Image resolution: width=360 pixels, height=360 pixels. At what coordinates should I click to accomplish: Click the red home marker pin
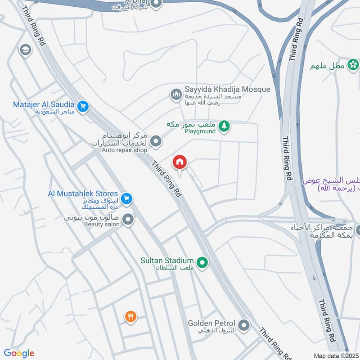coord(180,162)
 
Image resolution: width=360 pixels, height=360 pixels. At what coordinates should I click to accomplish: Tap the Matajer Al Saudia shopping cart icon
coord(83,107)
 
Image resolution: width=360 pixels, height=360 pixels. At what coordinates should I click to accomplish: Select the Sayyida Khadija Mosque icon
coord(175,94)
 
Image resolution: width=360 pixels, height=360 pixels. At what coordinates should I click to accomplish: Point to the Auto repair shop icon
coord(156,141)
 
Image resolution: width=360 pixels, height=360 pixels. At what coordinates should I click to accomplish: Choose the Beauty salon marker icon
coord(128,220)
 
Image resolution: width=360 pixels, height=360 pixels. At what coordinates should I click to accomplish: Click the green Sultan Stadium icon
coord(202,262)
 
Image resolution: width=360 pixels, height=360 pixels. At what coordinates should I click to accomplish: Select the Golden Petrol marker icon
coord(244,325)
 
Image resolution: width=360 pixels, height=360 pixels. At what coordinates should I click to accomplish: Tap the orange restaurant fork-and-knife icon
coord(130,317)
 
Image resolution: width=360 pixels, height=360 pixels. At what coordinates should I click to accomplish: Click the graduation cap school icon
coord(25,49)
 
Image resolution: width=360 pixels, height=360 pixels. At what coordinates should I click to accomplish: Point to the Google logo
coord(19,353)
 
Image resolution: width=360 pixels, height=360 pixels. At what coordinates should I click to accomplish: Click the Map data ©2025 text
coord(336,355)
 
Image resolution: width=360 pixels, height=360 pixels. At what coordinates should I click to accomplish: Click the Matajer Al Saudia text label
coord(44,104)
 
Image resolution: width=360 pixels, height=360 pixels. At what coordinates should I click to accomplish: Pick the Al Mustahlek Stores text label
coord(83,193)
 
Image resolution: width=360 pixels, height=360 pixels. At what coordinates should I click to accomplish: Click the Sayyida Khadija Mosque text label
coord(227,89)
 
